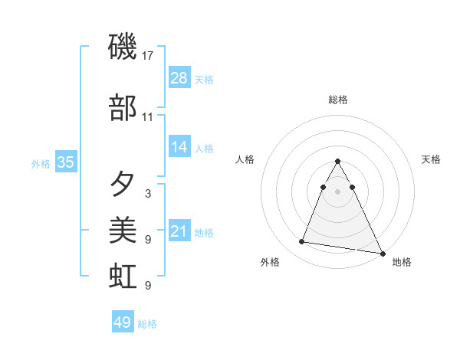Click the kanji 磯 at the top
(x=123, y=47)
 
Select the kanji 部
(x=123, y=108)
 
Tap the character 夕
(x=123, y=184)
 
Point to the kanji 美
(x=123, y=230)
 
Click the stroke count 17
(x=148, y=56)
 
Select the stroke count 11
(x=148, y=117)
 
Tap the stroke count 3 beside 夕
(x=148, y=194)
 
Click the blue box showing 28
(x=179, y=77)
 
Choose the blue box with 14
(x=179, y=147)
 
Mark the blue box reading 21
(x=179, y=231)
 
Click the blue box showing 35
(x=65, y=162)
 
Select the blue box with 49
(x=123, y=322)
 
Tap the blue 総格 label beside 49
(x=147, y=324)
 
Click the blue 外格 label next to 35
(x=41, y=163)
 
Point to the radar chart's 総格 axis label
(x=338, y=100)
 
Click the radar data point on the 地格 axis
(x=382, y=252)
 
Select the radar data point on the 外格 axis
(x=302, y=242)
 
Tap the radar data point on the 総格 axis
(x=338, y=162)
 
